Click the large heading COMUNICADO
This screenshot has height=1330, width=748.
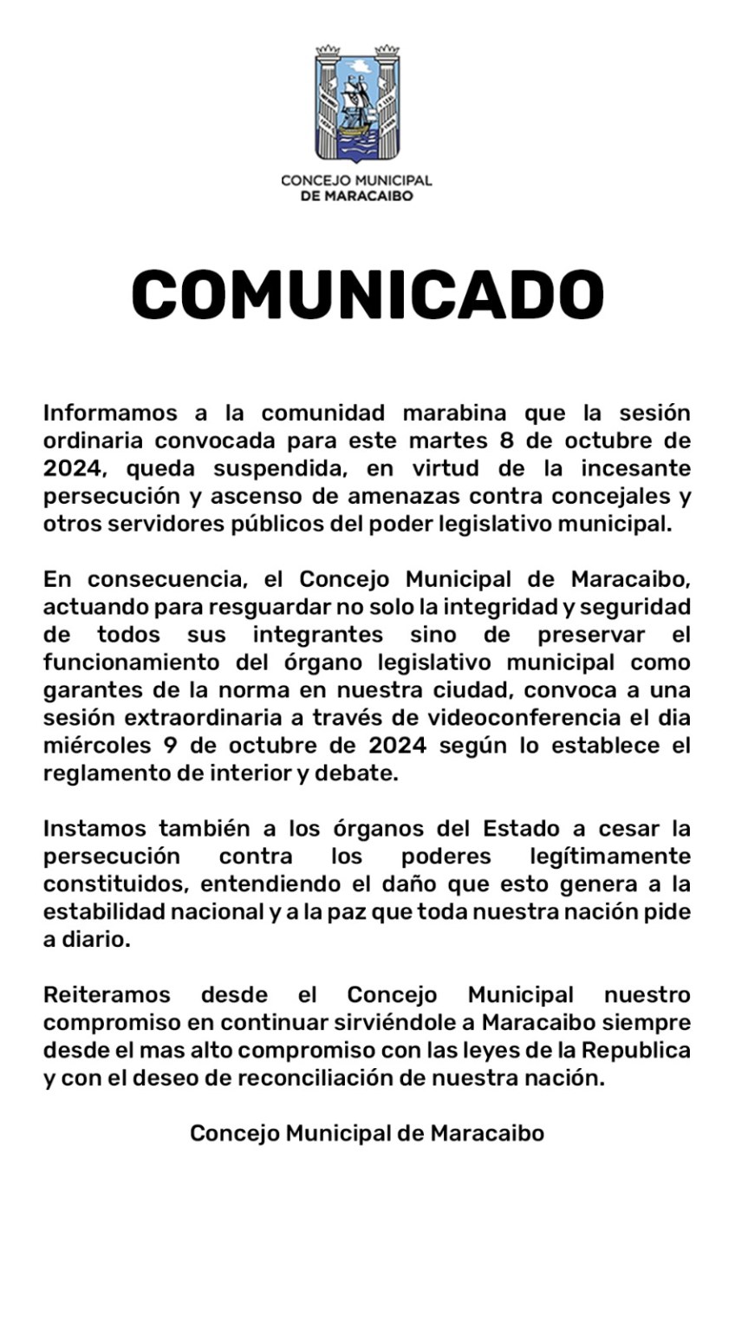pyautogui.click(x=367, y=296)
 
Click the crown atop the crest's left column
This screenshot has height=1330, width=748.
pyautogui.click(x=328, y=50)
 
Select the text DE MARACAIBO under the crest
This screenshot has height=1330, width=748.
pyautogui.click(x=356, y=196)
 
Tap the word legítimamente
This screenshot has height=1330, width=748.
pyautogui.click(x=609, y=856)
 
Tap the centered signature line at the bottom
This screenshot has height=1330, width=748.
pyautogui.click(x=367, y=1132)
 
